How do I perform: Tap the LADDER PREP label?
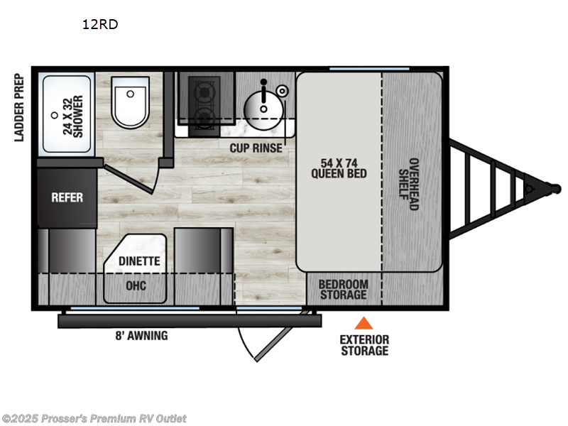19,106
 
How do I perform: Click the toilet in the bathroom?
130,104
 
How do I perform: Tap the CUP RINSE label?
256,148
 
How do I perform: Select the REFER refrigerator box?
67,197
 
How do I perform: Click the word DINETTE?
139,261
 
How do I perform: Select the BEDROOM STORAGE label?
343,289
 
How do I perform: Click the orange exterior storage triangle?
364,323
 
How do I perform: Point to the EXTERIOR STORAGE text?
364,344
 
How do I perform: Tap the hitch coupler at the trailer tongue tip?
550,189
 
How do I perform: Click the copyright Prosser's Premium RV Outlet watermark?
94,418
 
